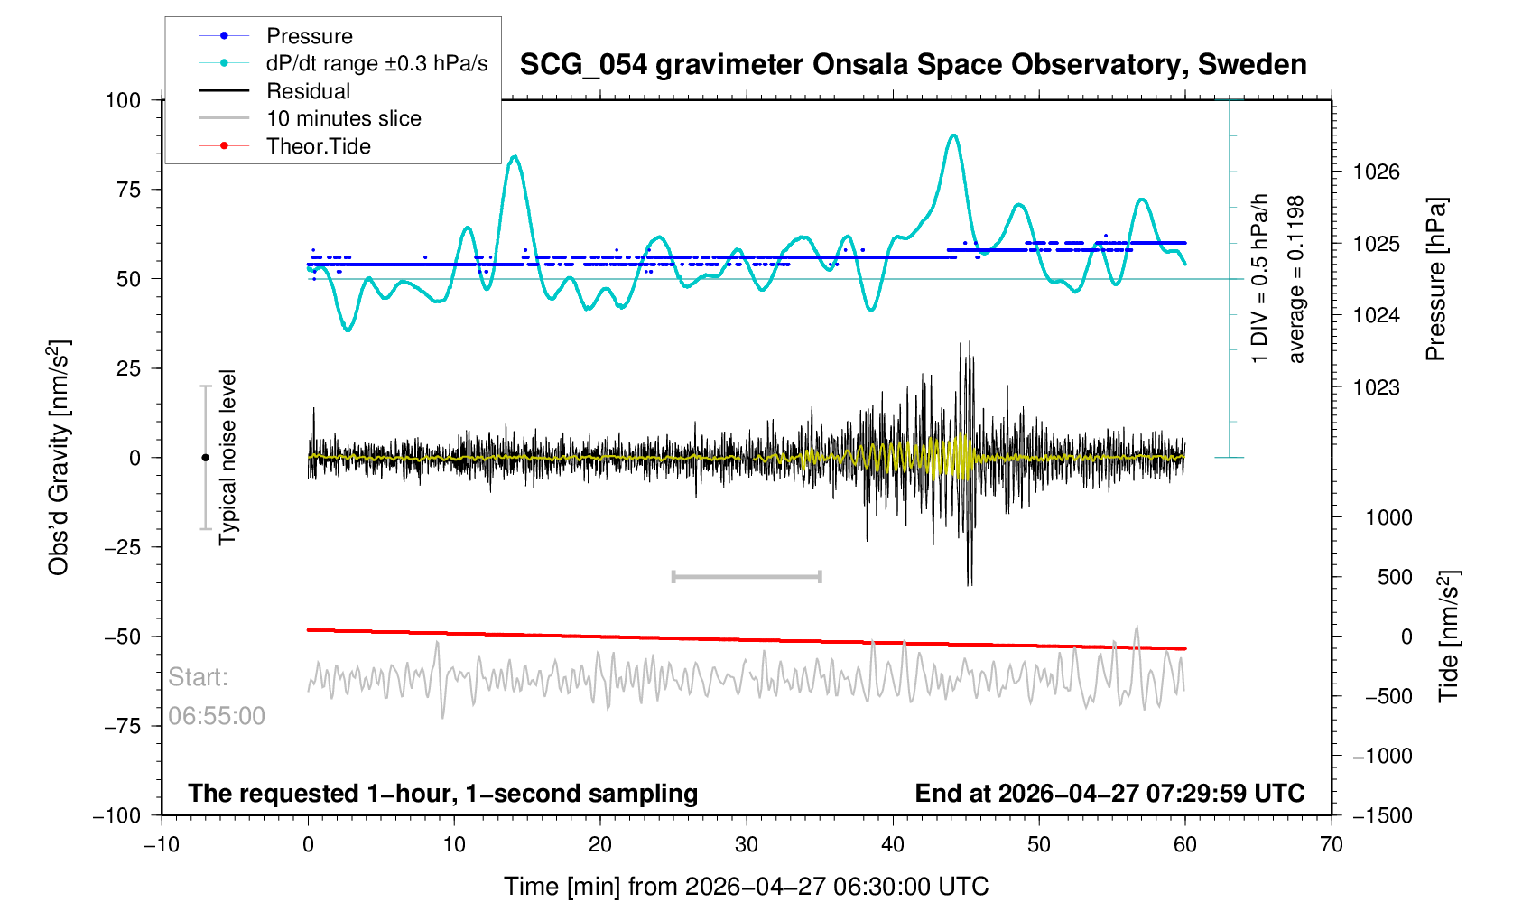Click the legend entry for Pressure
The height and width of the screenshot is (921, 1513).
tap(310, 36)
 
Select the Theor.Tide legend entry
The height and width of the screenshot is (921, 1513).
tap(318, 146)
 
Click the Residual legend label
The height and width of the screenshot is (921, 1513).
tap(308, 90)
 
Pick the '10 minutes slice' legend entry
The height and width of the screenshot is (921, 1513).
tap(344, 118)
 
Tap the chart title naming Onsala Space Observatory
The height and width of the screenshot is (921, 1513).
tap(914, 65)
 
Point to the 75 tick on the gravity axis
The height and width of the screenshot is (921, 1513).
tap(128, 190)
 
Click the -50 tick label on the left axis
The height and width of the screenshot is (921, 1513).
tap(123, 637)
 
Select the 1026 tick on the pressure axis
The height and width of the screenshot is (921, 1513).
tap(1377, 172)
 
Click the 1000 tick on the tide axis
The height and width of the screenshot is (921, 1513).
tap(1388, 517)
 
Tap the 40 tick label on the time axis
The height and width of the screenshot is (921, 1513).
tap(892, 844)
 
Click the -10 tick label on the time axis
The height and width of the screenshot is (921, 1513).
tap(162, 844)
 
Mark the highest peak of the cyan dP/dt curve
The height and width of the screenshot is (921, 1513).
tap(953, 135)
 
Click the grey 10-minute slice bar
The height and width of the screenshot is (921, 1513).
tap(747, 576)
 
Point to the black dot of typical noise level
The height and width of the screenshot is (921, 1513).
tap(205, 458)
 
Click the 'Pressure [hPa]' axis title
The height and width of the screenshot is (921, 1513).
tap(1436, 279)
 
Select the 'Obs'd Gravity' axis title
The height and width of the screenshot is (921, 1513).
tap(58, 458)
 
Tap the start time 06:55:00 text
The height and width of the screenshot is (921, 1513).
tap(216, 716)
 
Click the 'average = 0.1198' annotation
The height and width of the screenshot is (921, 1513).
tap(1296, 279)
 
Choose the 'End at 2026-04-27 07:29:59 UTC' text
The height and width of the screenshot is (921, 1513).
tap(1109, 794)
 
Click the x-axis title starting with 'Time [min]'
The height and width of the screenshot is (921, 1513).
tap(747, 887)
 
